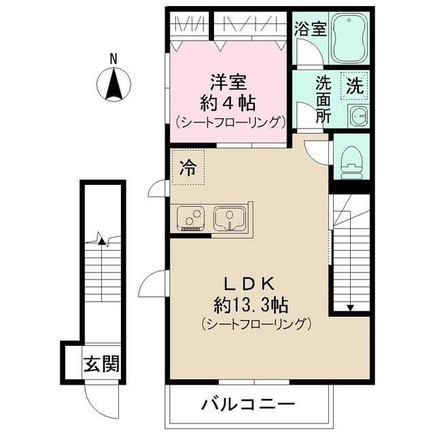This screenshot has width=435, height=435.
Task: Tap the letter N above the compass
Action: (x=115, y=59)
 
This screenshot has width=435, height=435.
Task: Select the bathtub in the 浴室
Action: (x=349, y=39)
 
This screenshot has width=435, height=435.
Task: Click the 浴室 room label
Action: (x=310, y=29)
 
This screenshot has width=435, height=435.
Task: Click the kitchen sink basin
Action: (x=229, y=218)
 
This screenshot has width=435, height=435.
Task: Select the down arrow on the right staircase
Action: (x=350, y=307)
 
